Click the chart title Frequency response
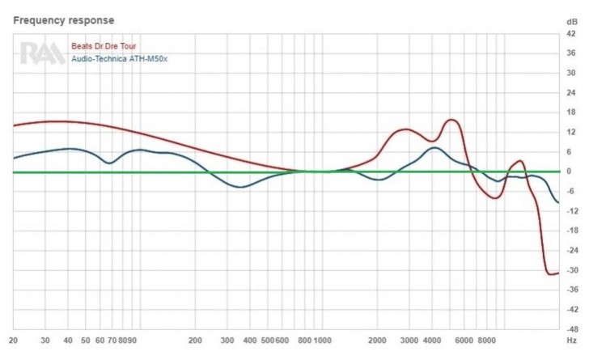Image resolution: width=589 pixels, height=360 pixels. point(63,19)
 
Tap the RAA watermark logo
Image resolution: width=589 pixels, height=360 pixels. point(42,53)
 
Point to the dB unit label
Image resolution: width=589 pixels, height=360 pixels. point(572,20)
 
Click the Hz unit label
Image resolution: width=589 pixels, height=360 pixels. point(572,341)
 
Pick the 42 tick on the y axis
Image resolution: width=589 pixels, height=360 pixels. point(572,34)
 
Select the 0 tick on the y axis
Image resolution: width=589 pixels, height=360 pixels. point(572,172)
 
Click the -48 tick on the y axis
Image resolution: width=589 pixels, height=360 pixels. point(572,329)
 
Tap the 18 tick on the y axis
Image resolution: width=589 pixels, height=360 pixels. point(572,112)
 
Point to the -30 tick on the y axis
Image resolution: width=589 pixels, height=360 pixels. point(572,270)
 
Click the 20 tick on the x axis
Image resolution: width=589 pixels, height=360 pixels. point(13,341)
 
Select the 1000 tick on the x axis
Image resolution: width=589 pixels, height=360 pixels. point(324,341)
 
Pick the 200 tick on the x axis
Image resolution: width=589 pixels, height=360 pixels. point(195,341)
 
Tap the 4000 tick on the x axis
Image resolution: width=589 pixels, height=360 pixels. point(431,341)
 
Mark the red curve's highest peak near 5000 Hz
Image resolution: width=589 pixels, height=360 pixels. point(451,120)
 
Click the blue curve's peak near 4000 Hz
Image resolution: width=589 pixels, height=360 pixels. point(434,147)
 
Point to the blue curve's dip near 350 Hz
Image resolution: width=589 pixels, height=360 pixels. point(240,188)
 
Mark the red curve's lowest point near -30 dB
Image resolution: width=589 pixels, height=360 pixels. point(551,274)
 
